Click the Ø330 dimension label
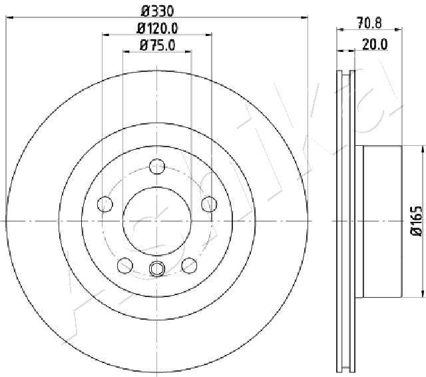(x=157, y=11)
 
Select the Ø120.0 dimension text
(x=157, y=28)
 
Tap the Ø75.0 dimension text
(x=158, y=45)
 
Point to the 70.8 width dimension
(x=369, y=23)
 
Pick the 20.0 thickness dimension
(x=375, y=45)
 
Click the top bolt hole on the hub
(x=157, y=167)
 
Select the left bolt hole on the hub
(x=105, y=204)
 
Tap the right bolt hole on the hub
(x=209, y=204)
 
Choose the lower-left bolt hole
(x=125, y=265)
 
